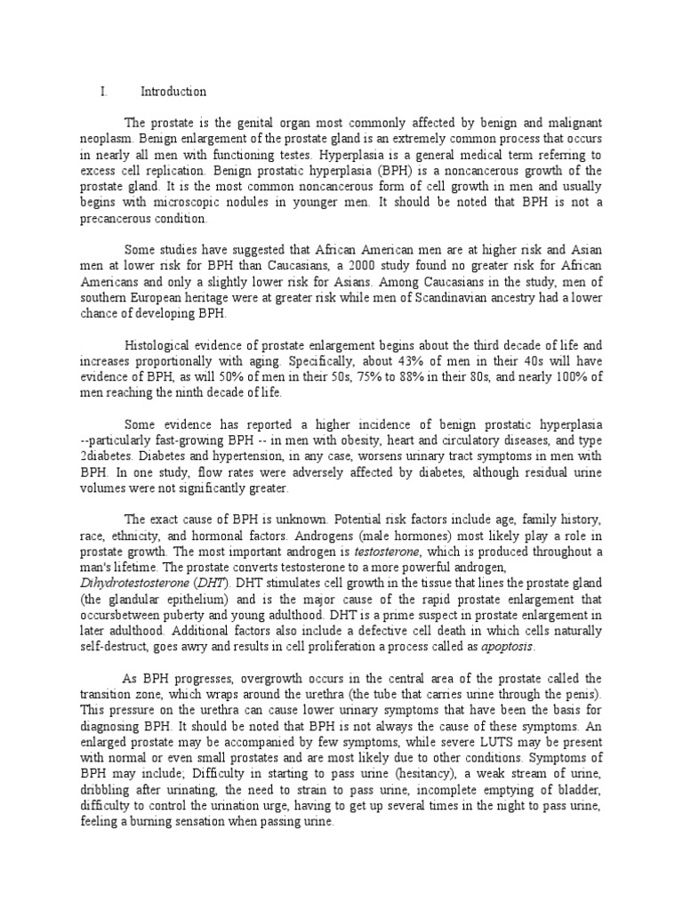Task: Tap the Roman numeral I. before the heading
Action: click(104, 92)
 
